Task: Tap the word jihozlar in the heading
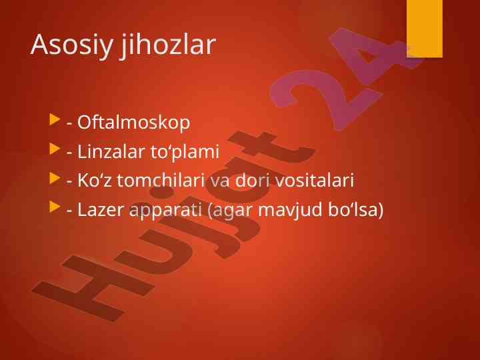point(168,45)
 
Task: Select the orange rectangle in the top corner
point(424,29)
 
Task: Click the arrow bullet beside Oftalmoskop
point(55,119)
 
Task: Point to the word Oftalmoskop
point(133,123)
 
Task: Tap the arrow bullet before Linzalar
point(55,149)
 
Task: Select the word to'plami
point(185,152)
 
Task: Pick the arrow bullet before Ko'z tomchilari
point(55,178)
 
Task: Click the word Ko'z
point(94,180)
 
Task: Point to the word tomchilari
point(161,180)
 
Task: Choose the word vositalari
point(315,180)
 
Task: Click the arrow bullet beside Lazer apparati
point(55,207)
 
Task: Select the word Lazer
point(100,210)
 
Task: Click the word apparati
point(165,211)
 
